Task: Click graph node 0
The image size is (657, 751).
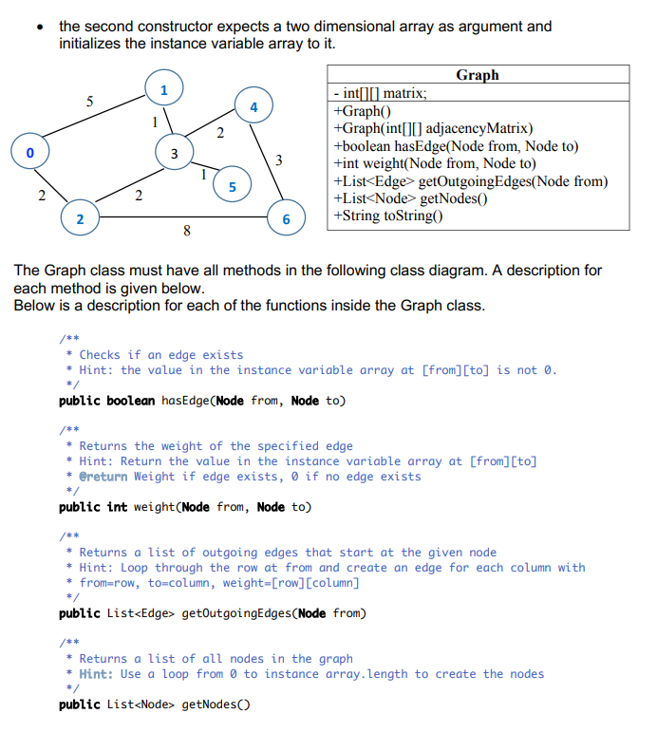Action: (29, 152)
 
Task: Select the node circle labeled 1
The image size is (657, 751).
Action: (163, 90)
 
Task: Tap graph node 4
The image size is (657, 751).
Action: (253, 106)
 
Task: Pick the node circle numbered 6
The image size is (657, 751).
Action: (286, 219)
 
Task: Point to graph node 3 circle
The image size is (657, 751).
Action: (173, 153)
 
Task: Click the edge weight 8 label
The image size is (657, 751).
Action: (186, 230)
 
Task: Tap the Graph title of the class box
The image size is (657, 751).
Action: (477, 75)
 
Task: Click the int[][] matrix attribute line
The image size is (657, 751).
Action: (382, 93)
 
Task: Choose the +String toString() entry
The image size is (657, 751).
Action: (389, 216)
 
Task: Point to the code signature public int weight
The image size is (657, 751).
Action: (184, 507)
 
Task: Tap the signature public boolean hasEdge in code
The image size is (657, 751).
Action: (201, 401)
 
